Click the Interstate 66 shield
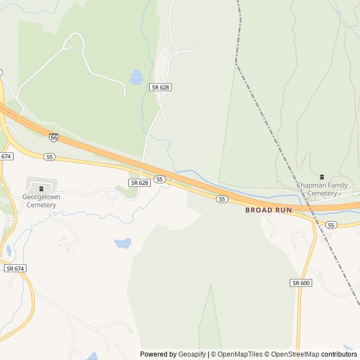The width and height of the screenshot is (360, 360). tap(53, 137)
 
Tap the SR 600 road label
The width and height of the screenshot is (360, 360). tap(301, 282)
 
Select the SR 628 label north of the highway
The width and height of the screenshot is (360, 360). tap(160, 87)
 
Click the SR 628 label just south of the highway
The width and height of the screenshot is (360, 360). tap(139, 183)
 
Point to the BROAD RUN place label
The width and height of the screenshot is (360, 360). tap(268, 210)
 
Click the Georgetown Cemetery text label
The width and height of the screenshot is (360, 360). tap(41, 201)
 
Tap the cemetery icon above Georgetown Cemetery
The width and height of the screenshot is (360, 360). tap(41, 187)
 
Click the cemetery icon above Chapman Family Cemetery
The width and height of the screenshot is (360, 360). tap(322, 177)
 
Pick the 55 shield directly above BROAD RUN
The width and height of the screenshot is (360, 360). tap(222, 199)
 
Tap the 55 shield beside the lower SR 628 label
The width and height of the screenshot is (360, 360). tap(160, 179)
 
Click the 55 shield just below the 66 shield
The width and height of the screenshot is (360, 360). tap(50, 157)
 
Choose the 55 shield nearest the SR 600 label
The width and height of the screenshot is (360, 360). tap(331, 225)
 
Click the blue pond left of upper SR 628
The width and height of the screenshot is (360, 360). tap(136, 77)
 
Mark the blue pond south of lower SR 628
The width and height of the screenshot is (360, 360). tap(123, 243)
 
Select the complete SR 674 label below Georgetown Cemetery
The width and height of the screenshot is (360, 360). tap(15, 269)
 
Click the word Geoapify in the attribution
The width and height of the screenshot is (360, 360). tap(192, 354)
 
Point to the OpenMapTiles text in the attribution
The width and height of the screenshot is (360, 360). tap(240, 354)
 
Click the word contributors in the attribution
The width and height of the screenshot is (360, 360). tap(339, 354)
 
